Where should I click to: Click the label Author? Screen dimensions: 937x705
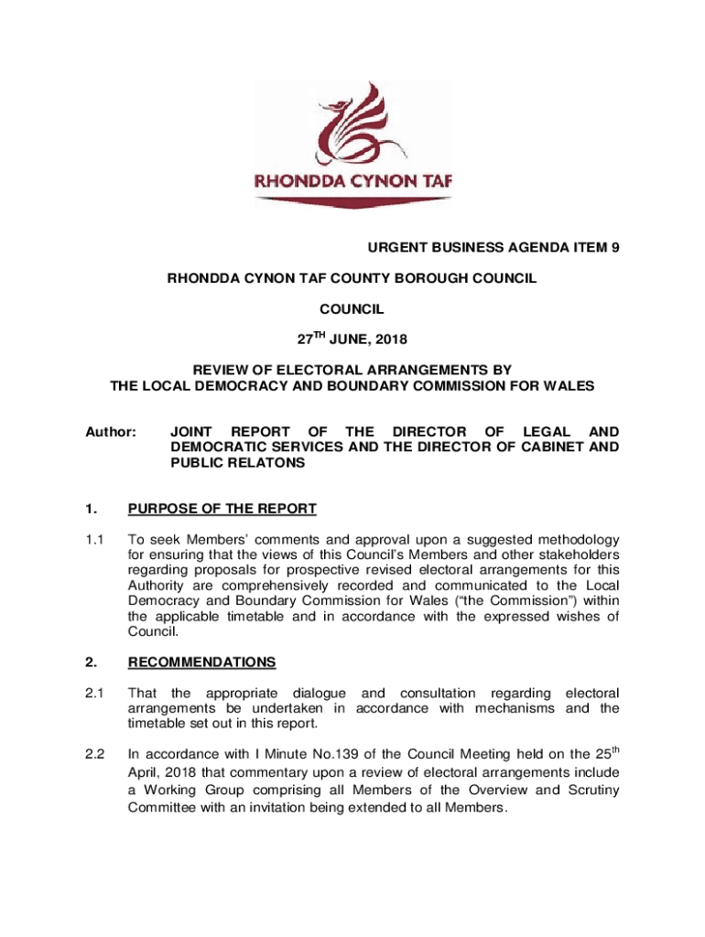point(111,431)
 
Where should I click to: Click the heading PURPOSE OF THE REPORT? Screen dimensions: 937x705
point(222,509)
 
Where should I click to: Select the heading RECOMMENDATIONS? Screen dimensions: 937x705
point(201,662)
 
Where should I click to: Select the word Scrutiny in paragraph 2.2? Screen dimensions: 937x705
point(591,790)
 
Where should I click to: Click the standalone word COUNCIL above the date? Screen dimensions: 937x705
point(352,309)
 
